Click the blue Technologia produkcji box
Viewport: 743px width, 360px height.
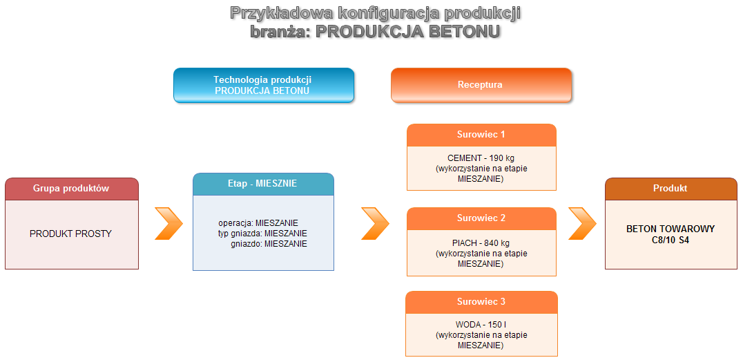[263, 85]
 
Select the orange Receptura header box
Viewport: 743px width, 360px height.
[481, 85]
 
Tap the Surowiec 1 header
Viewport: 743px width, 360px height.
[481, 135]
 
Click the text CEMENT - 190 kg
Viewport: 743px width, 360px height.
[481, 158]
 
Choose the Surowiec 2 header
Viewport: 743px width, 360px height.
[481, 218]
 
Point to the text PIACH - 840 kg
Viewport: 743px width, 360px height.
[481, 243]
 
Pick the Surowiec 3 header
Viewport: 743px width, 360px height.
[481, 302]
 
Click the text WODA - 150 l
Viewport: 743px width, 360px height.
[481, 325]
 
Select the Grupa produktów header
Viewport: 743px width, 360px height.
[72, 189]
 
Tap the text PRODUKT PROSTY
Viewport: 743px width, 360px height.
[70, 234]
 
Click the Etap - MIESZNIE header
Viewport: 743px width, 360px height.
[262, 184]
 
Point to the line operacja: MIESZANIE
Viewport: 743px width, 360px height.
[258, 223]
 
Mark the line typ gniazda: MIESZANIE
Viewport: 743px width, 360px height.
[262, 234]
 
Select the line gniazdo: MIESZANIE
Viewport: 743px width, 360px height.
[268, 244]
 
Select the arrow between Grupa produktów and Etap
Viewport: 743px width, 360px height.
[168, 223]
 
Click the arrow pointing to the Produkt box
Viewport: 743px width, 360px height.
[582, 223]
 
